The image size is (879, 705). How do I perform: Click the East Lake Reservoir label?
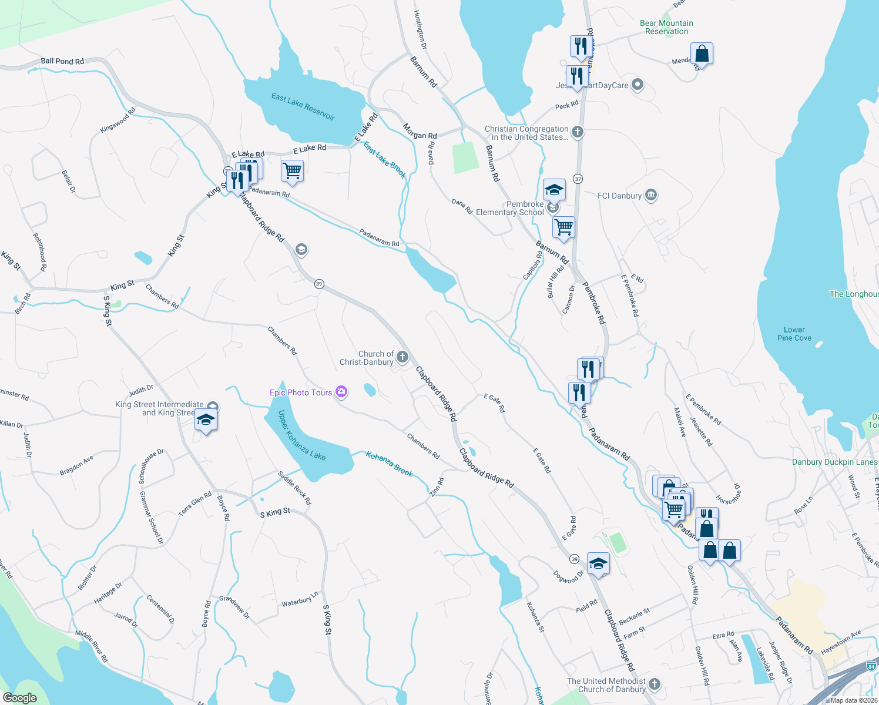point(303,106)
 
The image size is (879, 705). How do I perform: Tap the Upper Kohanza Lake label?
point(301,435)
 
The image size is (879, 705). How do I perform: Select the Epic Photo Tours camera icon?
point(341,392)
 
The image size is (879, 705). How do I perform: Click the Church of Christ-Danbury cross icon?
point(402,357)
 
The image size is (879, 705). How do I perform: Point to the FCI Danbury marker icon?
point(650,196)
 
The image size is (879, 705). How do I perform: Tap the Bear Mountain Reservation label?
point(666,27)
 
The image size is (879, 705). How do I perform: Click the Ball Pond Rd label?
point(62,61)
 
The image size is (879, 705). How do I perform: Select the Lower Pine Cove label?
point(794,334)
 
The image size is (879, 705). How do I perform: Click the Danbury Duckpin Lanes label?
point(834,462)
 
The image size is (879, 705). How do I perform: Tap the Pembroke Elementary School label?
point(510,208)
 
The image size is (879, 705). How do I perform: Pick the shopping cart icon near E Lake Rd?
point(292,171)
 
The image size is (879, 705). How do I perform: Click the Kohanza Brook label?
point(390,464)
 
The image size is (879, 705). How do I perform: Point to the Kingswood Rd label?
point(118,120)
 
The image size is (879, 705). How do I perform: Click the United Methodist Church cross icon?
point(655,684)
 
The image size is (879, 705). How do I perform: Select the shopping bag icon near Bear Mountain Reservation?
point(702,54)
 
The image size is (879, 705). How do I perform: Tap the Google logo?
point(20,697)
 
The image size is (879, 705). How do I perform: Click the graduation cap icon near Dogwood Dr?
point(598,563)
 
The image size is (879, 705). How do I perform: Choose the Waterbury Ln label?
point(300,600)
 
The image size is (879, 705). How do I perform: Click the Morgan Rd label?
point(420,131)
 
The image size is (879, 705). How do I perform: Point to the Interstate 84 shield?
point(871,666)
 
